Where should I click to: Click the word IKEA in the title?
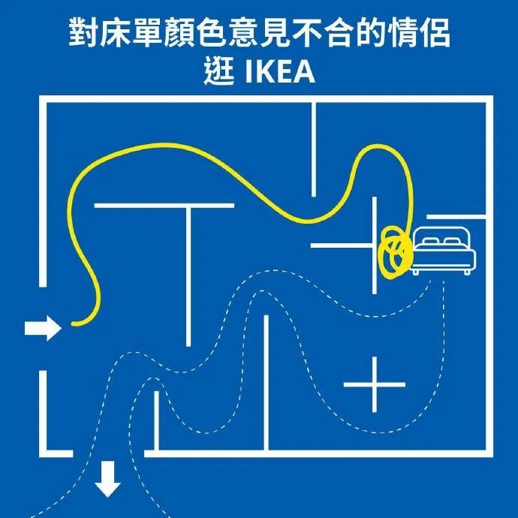(279, 74)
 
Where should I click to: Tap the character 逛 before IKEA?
(219, 74)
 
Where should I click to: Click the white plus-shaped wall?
(374, 384)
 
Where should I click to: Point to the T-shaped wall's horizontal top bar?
(164, 205)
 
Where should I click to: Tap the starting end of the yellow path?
(74, 324)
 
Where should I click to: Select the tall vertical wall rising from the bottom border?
(266, 383)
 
